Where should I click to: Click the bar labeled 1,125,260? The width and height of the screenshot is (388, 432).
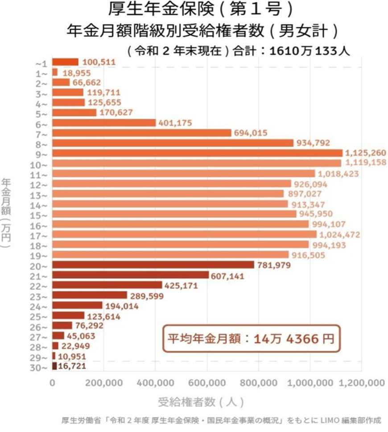pos(197,153)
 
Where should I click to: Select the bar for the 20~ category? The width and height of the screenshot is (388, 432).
pos(153,265)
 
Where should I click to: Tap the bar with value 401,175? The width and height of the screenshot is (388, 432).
pos(104,123)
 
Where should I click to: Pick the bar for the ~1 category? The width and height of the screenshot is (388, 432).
pos(65,62)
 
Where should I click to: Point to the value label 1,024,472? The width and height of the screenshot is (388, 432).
pos(339,235)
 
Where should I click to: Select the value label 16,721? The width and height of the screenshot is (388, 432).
pos(72,366)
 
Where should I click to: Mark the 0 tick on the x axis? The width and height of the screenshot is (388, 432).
pos(53,382)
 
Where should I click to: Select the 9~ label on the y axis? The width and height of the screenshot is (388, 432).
pos(43,154)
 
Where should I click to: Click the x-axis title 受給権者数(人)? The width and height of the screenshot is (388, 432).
pos(201,402)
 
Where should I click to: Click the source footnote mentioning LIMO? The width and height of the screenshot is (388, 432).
pos(222,420)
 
